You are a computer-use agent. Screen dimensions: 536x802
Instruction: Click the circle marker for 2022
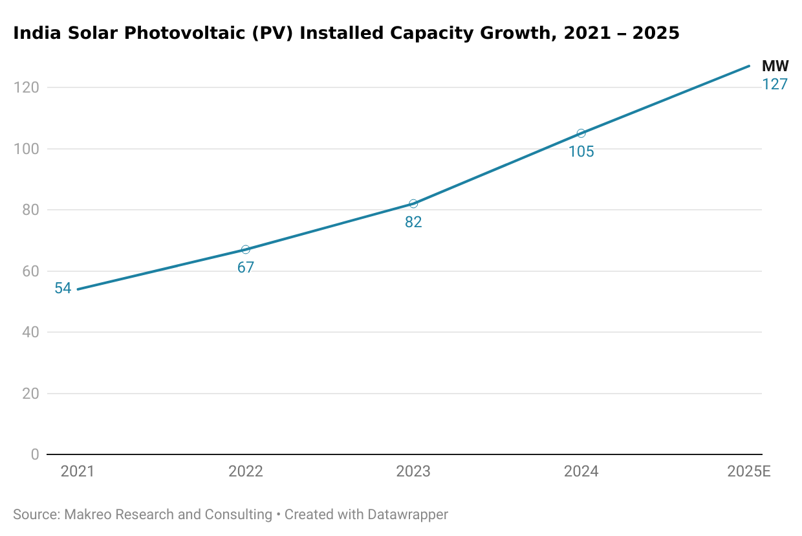(245, 250)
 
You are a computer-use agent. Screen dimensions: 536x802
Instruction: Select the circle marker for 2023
(413, 204)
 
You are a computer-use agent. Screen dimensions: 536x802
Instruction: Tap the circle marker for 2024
(581, 133)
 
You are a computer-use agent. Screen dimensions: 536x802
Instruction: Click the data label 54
(63, 289)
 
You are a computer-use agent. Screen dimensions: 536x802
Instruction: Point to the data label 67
(245, 267)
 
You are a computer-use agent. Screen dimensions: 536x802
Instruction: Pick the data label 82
(413, 222)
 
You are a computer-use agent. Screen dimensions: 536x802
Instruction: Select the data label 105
(581, 152)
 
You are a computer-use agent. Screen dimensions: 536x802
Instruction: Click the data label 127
(774, 84)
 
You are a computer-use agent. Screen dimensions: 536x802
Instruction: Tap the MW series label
(775, 66)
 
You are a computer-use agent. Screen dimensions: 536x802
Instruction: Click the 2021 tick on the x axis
(78, 471)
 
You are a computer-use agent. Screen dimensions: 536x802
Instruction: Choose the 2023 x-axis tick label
(413, 471)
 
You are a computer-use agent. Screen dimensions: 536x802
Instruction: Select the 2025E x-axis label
(748, 471)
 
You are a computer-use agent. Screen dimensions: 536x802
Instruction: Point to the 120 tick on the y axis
(26, 87)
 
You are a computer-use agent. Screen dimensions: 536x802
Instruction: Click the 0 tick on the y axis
(34, 454)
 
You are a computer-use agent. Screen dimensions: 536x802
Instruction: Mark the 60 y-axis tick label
(30, 271)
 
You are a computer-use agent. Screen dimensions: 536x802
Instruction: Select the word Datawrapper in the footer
(407, 515)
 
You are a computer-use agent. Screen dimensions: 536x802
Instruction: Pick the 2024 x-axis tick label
(581, 471)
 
